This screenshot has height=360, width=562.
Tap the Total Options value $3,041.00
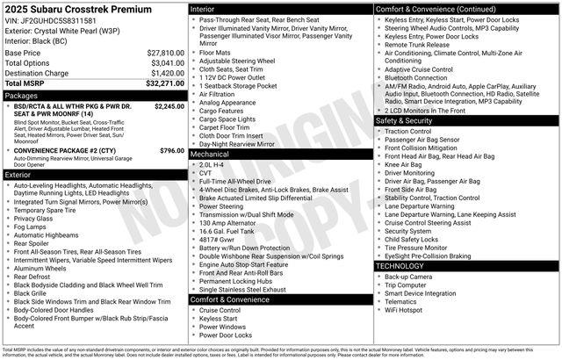(x=167, y=63)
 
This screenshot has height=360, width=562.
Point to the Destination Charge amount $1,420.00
(x=167, y=74)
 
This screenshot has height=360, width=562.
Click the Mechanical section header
(x=210, y=154)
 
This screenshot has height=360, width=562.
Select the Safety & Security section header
(x=409, y=120)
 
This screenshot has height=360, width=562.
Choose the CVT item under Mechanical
(x=205, y=172)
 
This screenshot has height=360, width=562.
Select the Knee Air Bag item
(x=403, y=164)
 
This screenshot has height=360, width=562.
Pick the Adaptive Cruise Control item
(x=418, y=68)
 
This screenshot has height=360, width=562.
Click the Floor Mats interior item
(x=215, y=52)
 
